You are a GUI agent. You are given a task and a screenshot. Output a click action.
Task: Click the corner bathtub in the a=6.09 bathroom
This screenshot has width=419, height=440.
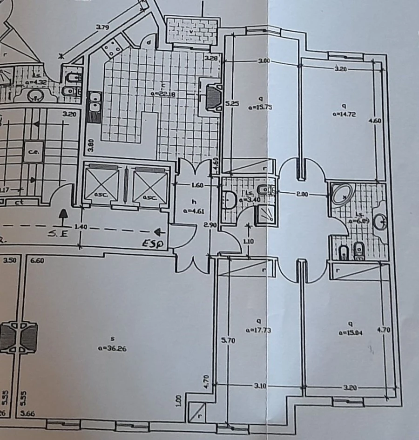click(344, 194)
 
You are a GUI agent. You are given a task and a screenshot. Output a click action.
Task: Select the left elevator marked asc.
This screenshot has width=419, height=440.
click(101, 184)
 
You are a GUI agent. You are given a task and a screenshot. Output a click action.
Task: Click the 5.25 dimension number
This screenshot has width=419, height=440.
click(232, 103)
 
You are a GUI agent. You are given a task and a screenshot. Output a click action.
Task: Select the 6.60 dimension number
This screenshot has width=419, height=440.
click(37, 261)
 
